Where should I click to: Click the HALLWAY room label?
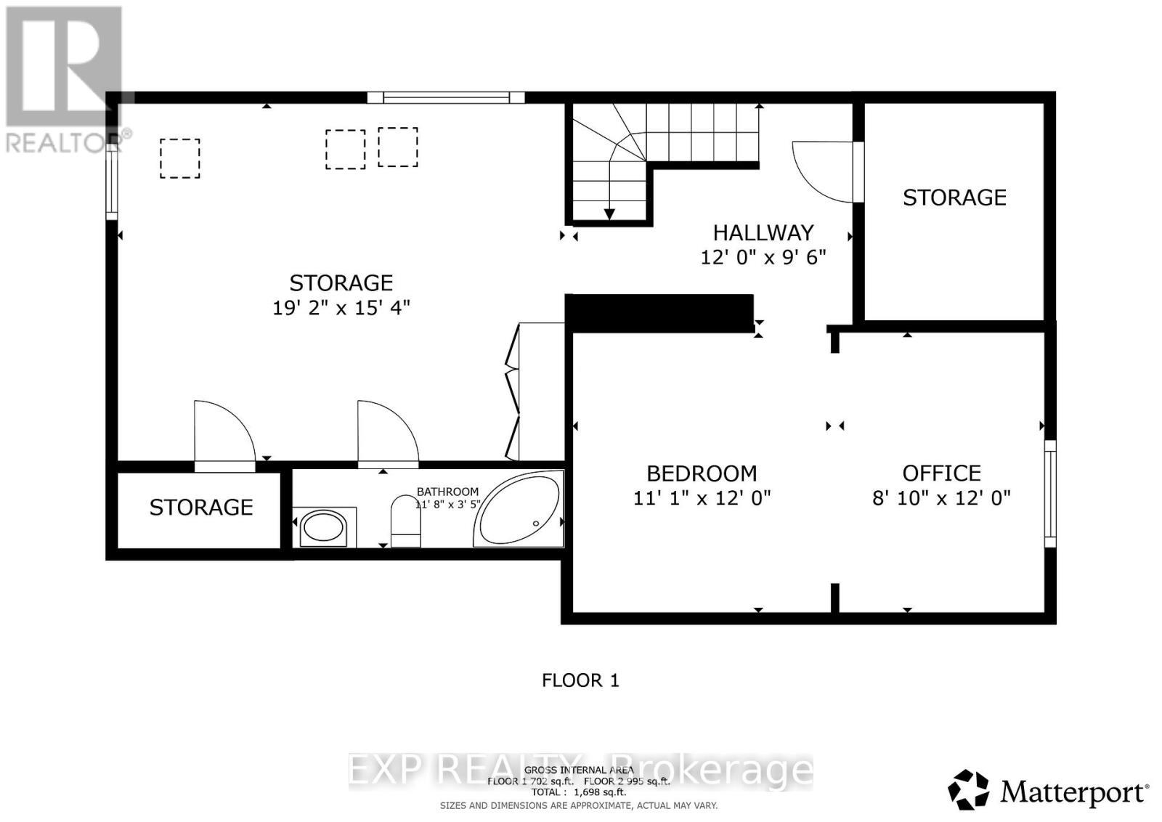(x=763, y=232)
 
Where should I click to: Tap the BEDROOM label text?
(x=702, y=473)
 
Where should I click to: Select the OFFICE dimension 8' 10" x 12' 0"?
(x=941, y=498)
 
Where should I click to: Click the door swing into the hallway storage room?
(x=824, y=170)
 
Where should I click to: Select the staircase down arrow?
(x=609, y=213)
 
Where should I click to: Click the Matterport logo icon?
(x=968, y=789)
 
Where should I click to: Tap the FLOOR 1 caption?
(x=580, y=680)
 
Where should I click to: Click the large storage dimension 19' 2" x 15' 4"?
(x=341, y=308)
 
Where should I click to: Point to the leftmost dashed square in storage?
(x=179, y=158)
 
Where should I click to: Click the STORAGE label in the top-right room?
(x=954, y=198)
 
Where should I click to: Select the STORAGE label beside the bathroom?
(x=201, y=507)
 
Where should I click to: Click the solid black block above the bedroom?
(x=659, y=313)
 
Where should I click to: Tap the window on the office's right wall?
(x=1049, y=493)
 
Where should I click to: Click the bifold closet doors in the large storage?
(x=513, y=392)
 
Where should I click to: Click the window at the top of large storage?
(x=445, y=97)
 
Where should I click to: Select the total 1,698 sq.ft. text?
(x=579, y=792)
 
